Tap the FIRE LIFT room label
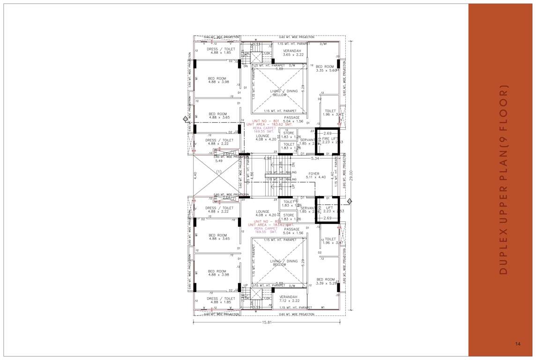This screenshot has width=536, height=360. pos(330,139)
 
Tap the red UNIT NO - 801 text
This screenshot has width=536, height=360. pos(266,121)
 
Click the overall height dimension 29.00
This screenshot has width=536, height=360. pos(350,175)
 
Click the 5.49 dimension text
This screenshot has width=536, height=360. pos(219,161)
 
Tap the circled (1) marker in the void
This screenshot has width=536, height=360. pos(218,172)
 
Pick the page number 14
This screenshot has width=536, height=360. pos(517,344)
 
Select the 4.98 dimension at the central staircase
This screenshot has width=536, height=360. pos(268,158)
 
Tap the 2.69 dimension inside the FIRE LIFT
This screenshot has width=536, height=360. pos(327,134)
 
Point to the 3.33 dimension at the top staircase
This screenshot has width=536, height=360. pos(257,45)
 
